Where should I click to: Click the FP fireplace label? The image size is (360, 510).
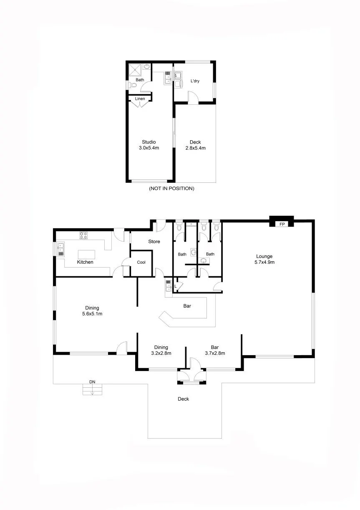pos(282,224)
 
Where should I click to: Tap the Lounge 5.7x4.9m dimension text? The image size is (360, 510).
pos(264,262)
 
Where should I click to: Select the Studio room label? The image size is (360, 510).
pos(149,142)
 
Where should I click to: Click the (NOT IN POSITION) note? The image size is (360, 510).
pos(171,188)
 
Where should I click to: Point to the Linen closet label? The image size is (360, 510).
pos(140,98)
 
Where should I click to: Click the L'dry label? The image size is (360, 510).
pos(195,81)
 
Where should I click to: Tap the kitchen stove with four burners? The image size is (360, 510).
pos(83,235)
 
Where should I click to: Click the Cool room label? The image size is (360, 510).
pos(141,262)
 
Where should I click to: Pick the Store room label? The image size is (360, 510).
pos(154,241)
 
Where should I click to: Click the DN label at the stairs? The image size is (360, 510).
pos(92,382)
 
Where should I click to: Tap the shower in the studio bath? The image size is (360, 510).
pos(135,69)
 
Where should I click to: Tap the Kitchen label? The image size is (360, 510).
pos(85,262)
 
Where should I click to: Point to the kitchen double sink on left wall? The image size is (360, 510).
pos(60,249)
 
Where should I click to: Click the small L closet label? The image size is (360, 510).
pos(176,286)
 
